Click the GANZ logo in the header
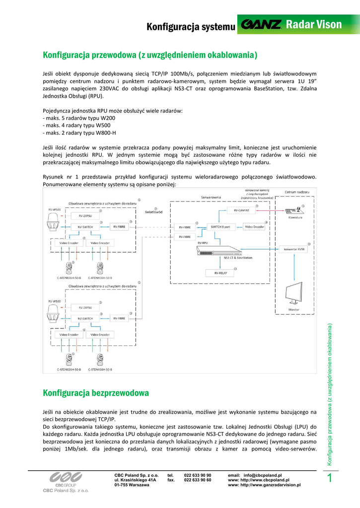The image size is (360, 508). tap(261, 25)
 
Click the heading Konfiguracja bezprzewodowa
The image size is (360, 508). tap(96, 393)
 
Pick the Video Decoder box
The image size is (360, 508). tap(255, 227)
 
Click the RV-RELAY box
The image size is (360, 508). tap(220, 273)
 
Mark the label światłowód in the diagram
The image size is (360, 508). tap(154, 212)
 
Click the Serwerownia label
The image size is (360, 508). tap(211, 197)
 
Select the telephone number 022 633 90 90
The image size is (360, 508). tap(198, 475)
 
